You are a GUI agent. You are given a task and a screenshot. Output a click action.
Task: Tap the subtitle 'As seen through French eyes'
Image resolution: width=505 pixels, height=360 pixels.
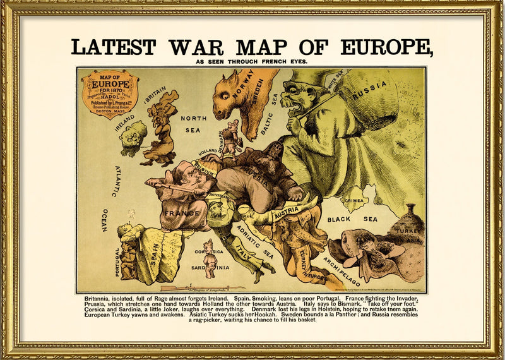(252, 61)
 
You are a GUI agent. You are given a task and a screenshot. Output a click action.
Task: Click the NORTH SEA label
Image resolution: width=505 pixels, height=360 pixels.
(194, 124)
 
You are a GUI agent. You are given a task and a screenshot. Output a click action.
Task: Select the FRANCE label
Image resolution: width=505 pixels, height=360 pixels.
(182, 213)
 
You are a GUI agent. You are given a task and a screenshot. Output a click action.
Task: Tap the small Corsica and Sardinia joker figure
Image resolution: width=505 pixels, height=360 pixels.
(208, 258)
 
